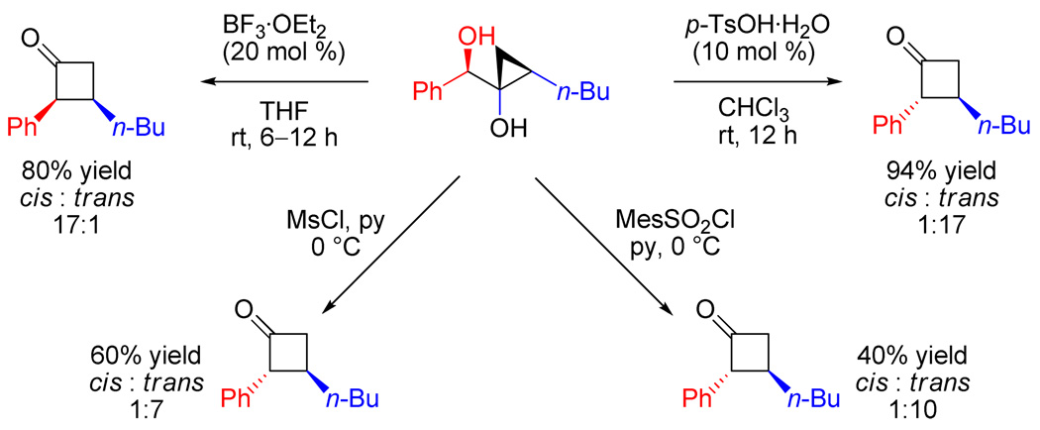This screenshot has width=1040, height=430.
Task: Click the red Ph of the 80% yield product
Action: (22, 128)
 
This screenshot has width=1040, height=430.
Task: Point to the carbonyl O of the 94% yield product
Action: (897, 38)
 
